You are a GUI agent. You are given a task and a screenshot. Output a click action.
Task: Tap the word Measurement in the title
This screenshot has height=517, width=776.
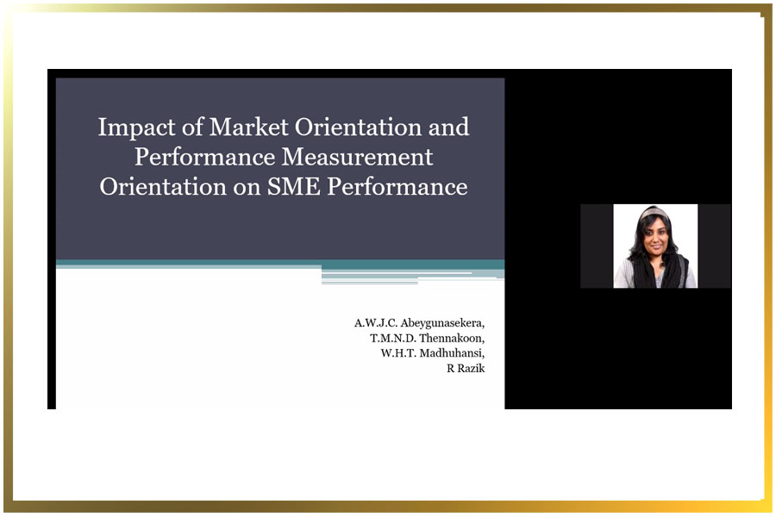[357, 157]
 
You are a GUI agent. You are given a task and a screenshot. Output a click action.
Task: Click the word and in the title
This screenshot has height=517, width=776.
[448, 128]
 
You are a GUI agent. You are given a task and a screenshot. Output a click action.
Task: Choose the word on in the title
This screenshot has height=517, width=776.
[247, 189]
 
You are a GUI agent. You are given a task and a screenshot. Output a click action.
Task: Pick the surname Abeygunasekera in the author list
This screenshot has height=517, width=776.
[442, 324]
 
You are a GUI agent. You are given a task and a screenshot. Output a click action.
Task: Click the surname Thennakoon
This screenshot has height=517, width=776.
[451, 339]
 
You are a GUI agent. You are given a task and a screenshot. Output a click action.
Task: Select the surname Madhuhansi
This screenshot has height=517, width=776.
[452, 353]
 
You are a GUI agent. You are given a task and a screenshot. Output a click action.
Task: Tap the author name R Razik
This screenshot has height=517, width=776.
[466, 368]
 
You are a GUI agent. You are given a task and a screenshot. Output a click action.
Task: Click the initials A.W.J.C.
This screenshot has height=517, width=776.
[376, 323]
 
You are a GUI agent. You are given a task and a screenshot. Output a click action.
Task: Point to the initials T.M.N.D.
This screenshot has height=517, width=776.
[393, 339]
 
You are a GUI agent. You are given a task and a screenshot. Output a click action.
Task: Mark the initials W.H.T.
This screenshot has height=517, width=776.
[399, 353]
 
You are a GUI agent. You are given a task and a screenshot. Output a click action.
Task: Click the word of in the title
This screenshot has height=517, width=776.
[192, 128]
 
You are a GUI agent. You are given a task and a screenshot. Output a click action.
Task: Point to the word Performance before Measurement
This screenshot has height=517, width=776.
[205, 157]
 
